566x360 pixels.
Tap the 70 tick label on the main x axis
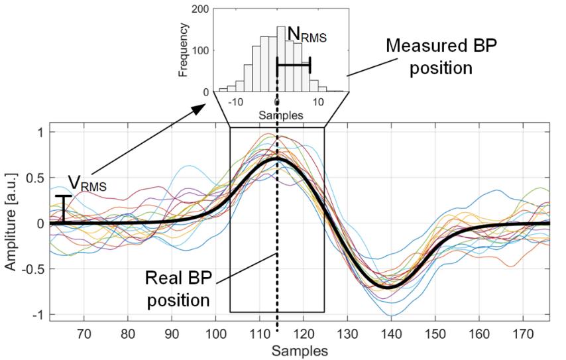(84, 335)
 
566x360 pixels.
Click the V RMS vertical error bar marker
(63, 209)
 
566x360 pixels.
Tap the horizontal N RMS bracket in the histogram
(293, 64)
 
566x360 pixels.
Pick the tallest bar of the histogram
(281, 59)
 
